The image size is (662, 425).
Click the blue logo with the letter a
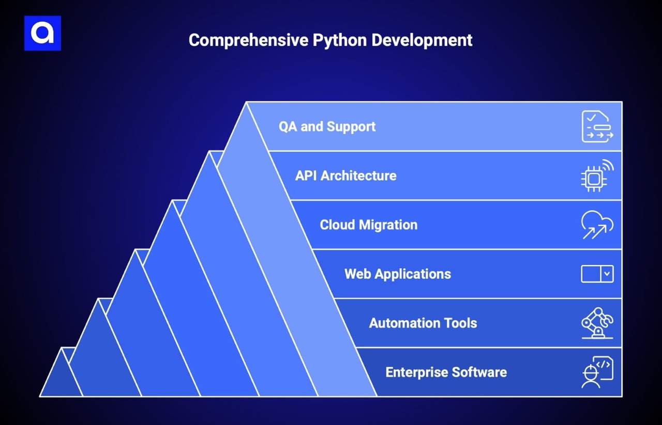[42, 33]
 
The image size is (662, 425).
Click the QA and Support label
[327, 127]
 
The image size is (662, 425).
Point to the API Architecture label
[345, 176]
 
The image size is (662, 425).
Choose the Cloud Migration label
[368, 225]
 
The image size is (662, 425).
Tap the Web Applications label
[397, 274]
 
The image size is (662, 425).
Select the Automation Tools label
[423, 323]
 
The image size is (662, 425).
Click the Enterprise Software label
[446, 372]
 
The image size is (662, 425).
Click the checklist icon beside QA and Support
[597, 127]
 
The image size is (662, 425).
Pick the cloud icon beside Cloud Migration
[597, 225]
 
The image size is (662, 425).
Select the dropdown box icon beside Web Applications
[597, 274]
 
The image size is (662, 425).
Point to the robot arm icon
[597, 323]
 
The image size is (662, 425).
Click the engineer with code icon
[597, 372]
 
